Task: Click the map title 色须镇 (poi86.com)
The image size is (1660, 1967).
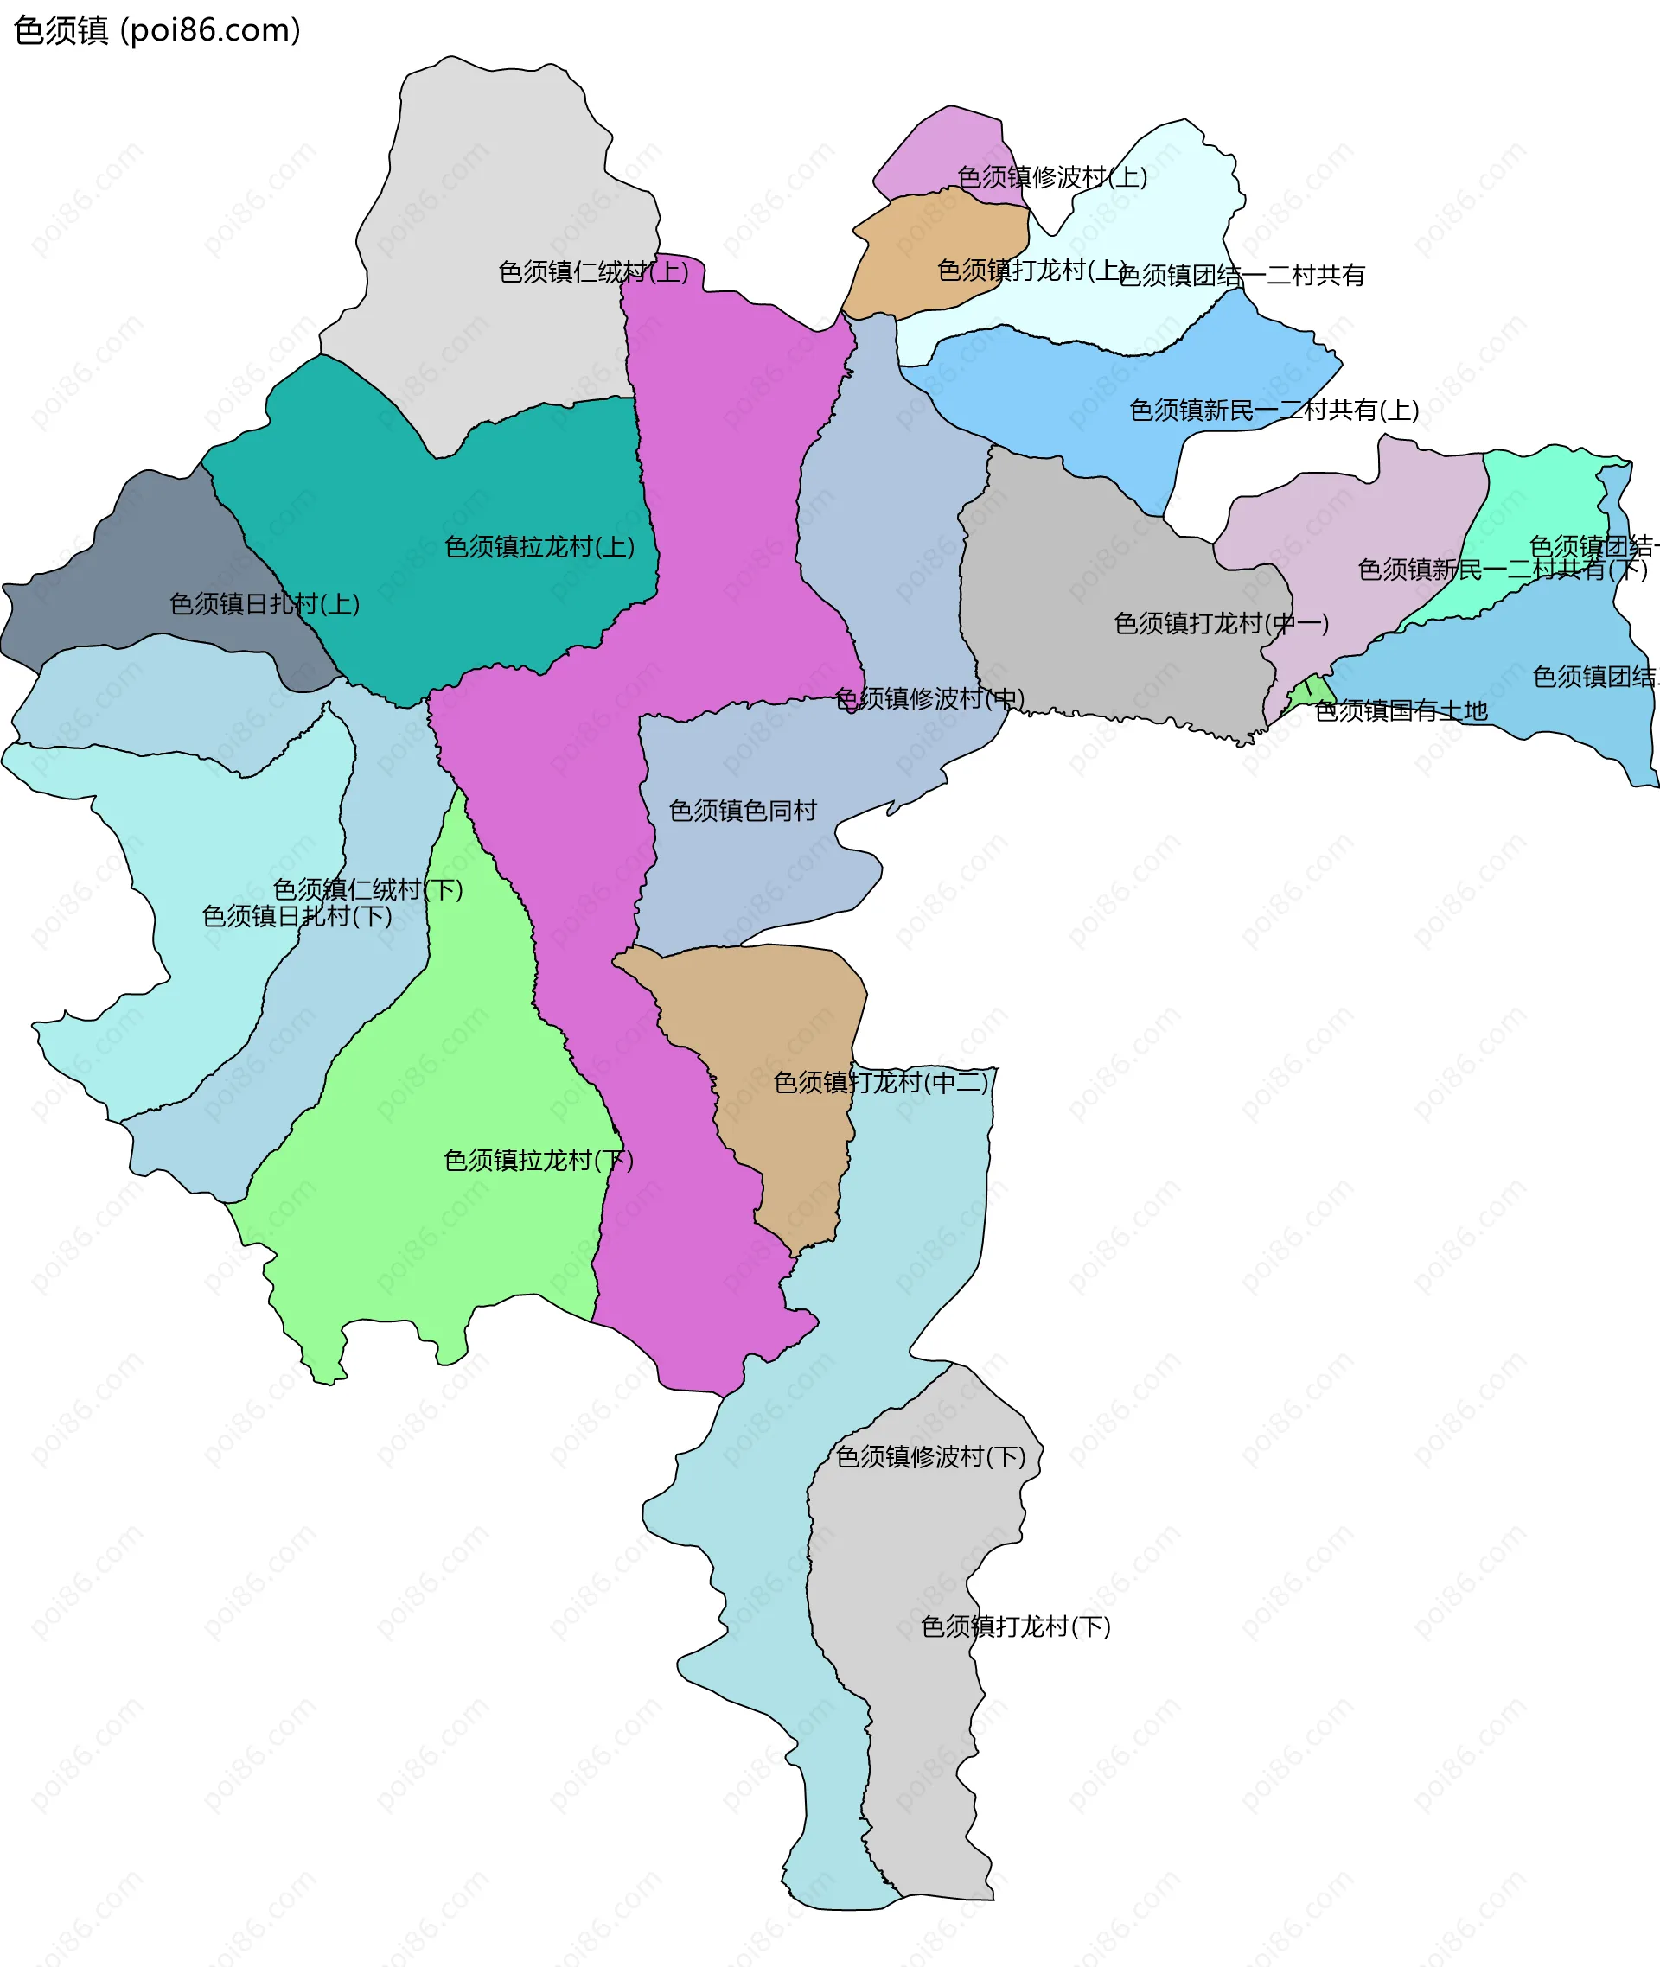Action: coord(157,30)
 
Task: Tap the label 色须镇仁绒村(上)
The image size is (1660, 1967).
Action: coord(593,272)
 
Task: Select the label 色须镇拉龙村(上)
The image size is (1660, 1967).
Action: coord(539,546)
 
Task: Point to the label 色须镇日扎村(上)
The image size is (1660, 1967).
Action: coord(265,604)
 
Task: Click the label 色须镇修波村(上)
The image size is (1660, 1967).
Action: coord(1052,177)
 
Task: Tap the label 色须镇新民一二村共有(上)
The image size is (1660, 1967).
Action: coord(1274,411)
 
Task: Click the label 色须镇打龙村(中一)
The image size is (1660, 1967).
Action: coord(1222,624)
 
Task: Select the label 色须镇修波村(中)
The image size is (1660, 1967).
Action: coord(929,698)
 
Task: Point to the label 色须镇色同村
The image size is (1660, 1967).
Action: coord(743,810)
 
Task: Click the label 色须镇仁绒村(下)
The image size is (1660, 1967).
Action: coord(368,889)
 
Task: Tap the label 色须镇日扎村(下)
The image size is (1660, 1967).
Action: coord(297,915)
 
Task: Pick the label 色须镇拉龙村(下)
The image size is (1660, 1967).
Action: coord(539,1160)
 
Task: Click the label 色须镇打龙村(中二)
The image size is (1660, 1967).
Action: coord(881,1083)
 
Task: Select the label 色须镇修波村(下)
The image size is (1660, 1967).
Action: coord(930,1457)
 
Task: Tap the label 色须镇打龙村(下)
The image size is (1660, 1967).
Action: coord(1015,1626)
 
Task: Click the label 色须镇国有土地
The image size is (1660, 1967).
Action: coord(1401,711)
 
